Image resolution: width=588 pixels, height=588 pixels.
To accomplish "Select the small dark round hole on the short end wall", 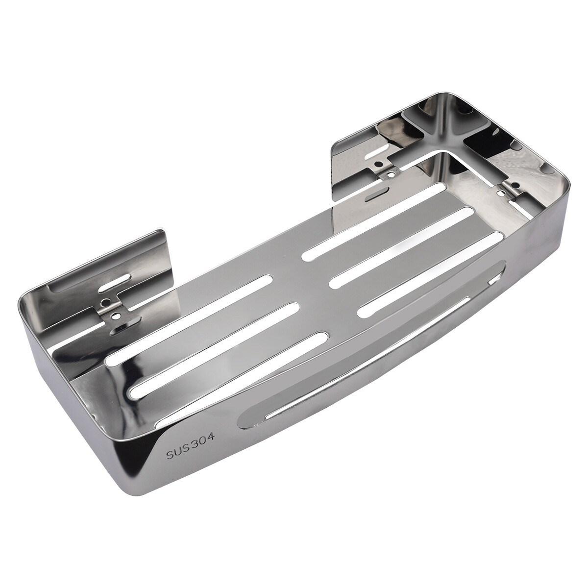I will tap(515, 184).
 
